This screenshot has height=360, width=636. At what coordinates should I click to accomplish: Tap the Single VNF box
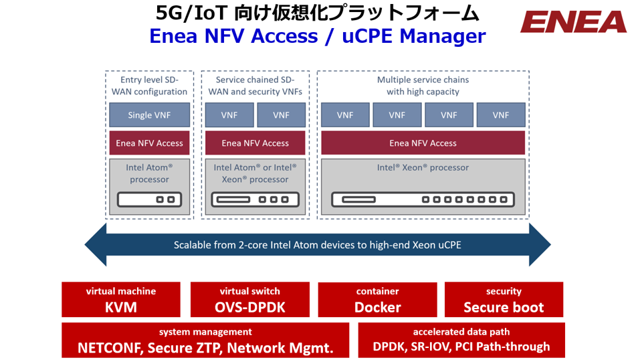click(x=149, y=115)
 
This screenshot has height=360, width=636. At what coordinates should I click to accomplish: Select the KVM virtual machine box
click(x=121, y=300)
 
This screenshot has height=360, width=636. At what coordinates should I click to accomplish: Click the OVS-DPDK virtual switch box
click(x=249, y=300)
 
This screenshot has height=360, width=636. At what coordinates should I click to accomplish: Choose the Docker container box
click(x=377, y=300)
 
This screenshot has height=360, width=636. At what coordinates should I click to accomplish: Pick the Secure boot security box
click(x=504, y=300)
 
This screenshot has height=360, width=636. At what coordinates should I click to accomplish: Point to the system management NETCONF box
click(x=205, y=340)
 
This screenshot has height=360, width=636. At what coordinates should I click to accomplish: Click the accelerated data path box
click(x=461, y=340)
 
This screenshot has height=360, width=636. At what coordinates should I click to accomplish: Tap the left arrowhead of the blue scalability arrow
click(x=96, y=245)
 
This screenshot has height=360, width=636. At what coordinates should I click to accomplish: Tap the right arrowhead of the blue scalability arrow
click(x=540, y=245)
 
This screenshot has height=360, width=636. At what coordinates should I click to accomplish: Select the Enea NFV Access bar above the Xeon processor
click(x=423, y=143)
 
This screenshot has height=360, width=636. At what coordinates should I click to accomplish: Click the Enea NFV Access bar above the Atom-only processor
click(x=149, y=143)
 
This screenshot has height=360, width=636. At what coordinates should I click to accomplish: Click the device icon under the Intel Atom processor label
click(x=149, y=199)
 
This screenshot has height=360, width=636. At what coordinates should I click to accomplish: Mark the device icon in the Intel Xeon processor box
click(x=423, y=199)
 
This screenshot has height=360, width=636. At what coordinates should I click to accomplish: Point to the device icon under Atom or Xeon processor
click(x=255, y=199)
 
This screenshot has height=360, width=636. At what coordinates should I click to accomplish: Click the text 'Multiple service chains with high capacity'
click(x=423, y=86)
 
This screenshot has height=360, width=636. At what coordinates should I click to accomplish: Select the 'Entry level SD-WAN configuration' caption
click(x=149, y=86)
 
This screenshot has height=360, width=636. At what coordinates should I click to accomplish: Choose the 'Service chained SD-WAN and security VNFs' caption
click(x=255, y=86)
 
